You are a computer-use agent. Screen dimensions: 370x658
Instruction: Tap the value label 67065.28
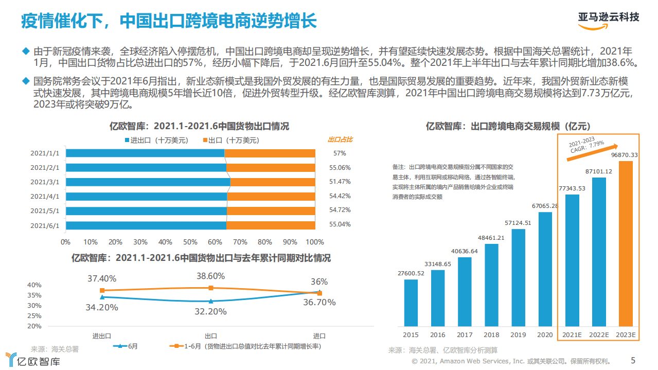point(545,206)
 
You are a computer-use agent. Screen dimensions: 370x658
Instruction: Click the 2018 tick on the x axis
point(491,335)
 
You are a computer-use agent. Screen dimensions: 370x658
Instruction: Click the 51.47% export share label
point(340,182)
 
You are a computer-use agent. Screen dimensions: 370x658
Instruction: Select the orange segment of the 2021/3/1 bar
point(273,182)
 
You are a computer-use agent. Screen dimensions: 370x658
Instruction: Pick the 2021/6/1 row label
point(45,225)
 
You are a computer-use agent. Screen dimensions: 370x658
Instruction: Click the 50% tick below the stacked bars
point(190,242)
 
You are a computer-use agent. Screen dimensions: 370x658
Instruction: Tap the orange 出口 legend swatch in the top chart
point(205,140)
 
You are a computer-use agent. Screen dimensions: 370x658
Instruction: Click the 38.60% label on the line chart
point(210,276)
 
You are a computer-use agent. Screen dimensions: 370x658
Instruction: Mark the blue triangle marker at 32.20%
point(210,301)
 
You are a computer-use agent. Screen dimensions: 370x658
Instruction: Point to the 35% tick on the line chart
point(34,295)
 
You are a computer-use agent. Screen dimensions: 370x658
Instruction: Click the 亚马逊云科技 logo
point(608,18)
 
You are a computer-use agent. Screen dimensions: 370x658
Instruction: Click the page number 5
point(633,361)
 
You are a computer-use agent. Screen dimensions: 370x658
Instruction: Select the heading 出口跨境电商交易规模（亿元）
point(508,126)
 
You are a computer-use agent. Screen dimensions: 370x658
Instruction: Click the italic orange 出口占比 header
point(340,139)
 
